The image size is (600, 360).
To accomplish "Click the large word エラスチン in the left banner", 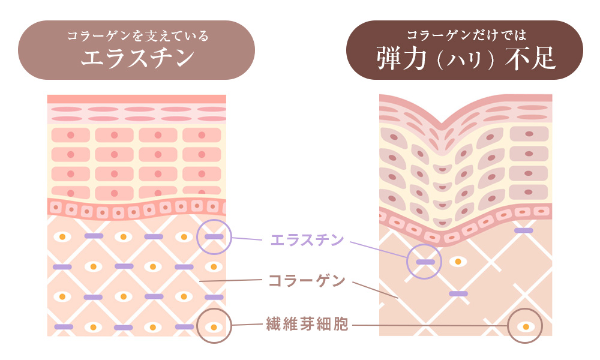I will point(137,58).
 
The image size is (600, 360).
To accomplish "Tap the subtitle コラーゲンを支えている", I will point(137,36).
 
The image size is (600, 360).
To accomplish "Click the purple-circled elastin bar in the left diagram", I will point(214,236).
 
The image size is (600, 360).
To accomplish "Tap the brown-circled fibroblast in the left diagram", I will point(214,327).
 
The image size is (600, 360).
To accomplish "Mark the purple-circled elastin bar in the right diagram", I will point(425,262).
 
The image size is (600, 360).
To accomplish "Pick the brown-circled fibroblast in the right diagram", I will point(526,326).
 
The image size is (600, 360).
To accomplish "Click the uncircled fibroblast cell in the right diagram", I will point(458,262).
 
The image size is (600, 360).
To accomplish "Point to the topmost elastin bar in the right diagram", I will point(523,230).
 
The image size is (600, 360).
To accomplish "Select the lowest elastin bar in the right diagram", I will point(458,293).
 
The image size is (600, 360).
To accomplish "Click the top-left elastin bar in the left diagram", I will point(94,236).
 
